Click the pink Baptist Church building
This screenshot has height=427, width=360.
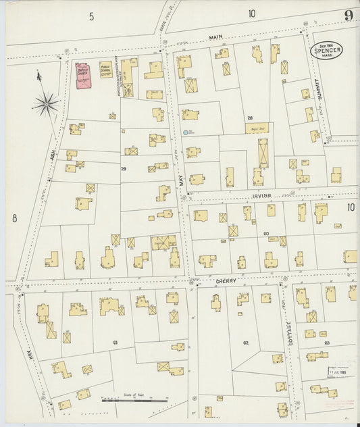click(83, 76)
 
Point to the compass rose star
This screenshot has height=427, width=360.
click(46, 103)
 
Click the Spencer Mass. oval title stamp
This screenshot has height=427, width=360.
click(326, 50)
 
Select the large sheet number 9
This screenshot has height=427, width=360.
click(348, 15)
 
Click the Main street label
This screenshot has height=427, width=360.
click(216, 37)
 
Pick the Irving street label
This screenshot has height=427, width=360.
click(262, 196)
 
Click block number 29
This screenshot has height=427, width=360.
click(124, 168)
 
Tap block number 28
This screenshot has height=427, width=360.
click(249, 118)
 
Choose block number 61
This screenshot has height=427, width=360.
click(115, 343)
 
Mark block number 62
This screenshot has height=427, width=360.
click(246, 343)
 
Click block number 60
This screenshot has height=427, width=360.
click(247, 233)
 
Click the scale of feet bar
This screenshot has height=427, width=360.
click(134, 401)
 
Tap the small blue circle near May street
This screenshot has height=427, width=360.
click(185, 132)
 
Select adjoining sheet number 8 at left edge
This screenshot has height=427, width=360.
click(13, 218)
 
